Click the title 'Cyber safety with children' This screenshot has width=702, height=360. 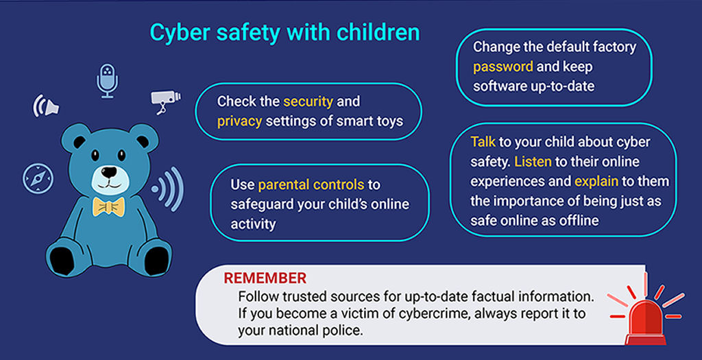tap(284, 34)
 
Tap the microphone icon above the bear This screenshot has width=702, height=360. tap(107, 81)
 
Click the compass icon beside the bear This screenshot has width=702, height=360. tap(37, 178)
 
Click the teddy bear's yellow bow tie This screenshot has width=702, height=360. tap(108, 206)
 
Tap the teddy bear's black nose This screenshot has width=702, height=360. tap(108, 171)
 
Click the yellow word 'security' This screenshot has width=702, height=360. tap(308, 101)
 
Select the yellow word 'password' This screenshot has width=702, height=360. tap(503, 67)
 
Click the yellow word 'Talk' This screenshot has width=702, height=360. tap(483, 142)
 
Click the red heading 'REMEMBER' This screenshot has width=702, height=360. tap(265, 278)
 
